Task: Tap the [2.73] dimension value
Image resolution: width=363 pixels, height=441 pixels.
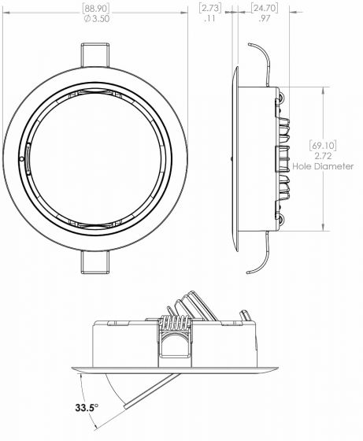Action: tap(209, 9)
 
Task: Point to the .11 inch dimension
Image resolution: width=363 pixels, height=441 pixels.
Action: tap(209, 19)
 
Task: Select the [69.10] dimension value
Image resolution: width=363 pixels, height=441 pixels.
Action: tap(323, 146)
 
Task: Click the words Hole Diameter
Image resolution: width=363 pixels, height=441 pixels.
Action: tap(323, 167)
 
